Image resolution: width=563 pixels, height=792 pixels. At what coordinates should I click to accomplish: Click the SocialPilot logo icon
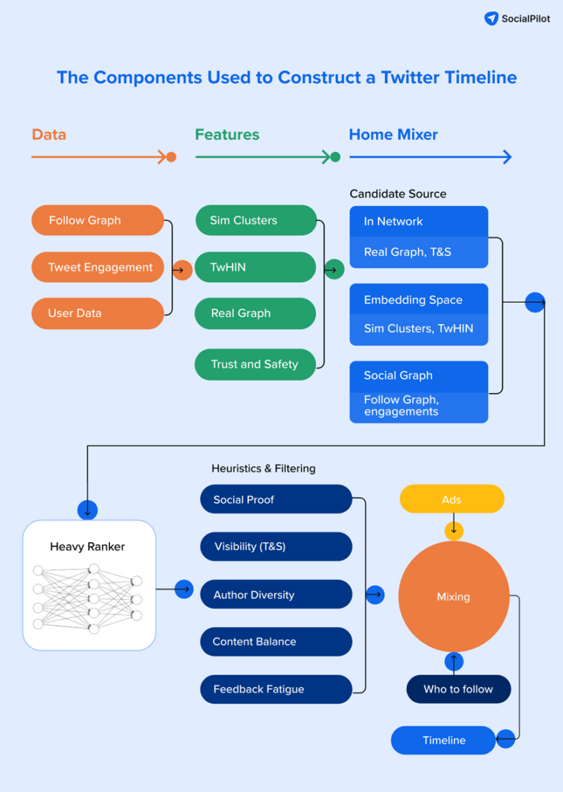click(x=491, y=18)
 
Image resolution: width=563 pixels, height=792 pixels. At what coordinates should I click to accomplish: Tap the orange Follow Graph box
click(x=97, y=220)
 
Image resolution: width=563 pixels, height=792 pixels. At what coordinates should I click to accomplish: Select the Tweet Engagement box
click(x=97, y=267)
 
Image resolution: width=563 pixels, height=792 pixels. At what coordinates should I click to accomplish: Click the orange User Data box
click(x=97, y=313)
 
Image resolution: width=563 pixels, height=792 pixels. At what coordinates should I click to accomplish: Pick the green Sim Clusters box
click(x=255, y=220)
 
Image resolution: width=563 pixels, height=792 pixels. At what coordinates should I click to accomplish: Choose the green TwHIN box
click(x=255, y=267)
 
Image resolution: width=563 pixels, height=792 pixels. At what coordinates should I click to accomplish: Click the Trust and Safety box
click(x=255, y=364)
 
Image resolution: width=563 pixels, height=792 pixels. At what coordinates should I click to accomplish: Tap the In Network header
click(x=419, y=221)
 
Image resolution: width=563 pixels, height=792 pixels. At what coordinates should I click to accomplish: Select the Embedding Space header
click(x=419, y=299)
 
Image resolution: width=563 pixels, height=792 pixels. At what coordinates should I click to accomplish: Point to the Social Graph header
click(x=419, y=375)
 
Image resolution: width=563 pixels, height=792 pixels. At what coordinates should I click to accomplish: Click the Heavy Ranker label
click(x=87, y=546)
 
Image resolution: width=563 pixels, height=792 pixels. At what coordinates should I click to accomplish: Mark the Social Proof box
click(x=276, y=499)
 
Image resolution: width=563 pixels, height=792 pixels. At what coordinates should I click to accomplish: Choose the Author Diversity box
click(x=276, y=595)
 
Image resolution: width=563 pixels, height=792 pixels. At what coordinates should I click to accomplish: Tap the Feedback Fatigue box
click(x=276, y=689)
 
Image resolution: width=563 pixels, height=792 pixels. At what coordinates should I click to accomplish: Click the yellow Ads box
click(x=452, y=499)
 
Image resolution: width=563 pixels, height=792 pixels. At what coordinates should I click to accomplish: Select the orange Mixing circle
click(x=453, y=597)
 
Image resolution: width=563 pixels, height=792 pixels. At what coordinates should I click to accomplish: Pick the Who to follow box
click(x=458, y=689)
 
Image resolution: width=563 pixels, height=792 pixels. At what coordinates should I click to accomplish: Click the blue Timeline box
click(x=444, y=740)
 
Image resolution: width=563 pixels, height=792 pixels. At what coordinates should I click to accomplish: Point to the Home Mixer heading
click(x=393, y=135)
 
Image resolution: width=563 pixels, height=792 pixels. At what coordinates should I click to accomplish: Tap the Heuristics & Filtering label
click(x=263, y=468)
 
